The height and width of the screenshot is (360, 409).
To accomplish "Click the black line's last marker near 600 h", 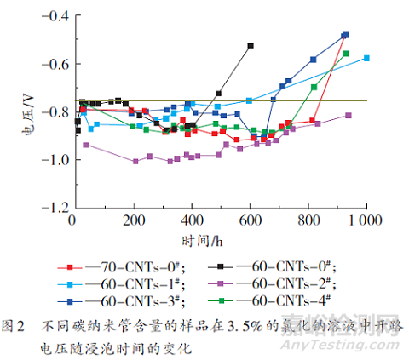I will [251, 46].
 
